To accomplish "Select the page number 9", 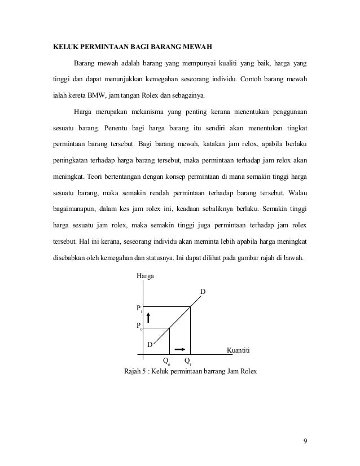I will [305, 441].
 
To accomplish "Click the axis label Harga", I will [145, 276].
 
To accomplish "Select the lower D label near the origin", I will [150, 344].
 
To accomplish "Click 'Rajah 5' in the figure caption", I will [135, 372].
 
